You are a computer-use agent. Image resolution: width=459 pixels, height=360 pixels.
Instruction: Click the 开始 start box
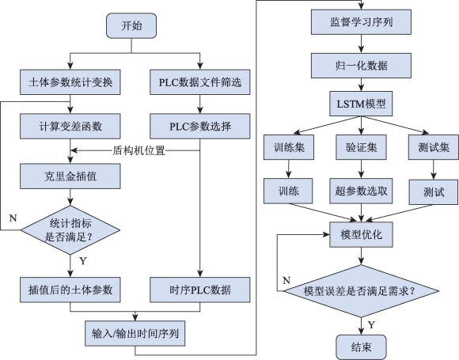point(131,25)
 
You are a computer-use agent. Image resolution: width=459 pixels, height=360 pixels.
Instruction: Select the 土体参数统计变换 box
point(70,82)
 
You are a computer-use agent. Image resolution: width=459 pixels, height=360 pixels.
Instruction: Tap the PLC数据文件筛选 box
point(200,82)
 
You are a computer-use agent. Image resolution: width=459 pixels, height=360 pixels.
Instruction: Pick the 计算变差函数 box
point(70,126)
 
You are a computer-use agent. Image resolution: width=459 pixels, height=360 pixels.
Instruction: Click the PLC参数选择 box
point(200,126)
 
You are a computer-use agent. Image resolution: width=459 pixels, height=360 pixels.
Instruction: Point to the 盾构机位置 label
point(139,151)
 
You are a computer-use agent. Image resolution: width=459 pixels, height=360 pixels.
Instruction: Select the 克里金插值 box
point(70,176)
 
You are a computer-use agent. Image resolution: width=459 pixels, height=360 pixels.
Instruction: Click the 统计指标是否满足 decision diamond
point(70,230)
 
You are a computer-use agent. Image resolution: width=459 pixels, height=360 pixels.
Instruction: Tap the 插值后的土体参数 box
point(70,290)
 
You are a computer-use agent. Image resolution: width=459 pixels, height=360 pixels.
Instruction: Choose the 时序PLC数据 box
point(200,290)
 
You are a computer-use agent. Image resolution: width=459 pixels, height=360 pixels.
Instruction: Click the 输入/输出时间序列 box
point(135,333)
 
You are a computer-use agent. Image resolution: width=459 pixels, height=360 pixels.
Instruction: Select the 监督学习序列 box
point(361,22)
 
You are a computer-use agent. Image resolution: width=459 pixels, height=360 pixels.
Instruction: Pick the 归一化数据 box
point(361,66)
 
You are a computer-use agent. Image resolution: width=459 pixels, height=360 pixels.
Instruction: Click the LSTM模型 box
point(361,104)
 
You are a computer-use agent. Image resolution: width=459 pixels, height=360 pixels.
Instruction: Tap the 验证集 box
point(361,147)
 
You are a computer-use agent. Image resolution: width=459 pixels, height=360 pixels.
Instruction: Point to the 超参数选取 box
point(361,191)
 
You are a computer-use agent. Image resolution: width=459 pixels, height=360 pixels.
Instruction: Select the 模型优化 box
point(361,234)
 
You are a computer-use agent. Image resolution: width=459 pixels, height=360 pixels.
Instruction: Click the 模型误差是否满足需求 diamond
point(361,291)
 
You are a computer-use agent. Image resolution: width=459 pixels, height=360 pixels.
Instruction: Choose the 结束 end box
point(361,347)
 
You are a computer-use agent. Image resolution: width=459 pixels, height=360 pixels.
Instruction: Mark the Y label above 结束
point(371,325)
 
